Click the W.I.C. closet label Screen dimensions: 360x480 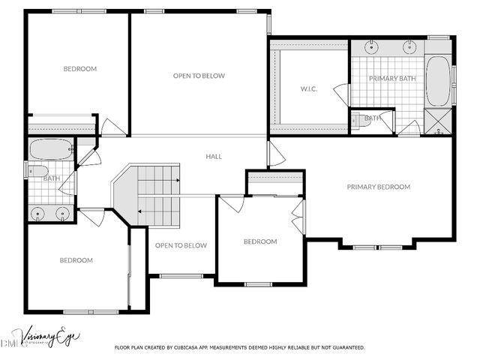(309, 89)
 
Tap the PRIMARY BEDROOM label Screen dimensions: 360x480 (378, 187)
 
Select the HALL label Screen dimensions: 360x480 (214, 157)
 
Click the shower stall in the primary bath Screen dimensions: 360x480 (438, 121)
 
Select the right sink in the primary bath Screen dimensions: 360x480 (409, 47)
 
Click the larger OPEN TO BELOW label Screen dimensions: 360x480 (199, 76)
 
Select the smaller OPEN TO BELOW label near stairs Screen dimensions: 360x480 (181, 245)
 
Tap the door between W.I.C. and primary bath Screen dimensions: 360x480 (342, 94)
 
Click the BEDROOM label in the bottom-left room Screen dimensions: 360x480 (76, 260)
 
